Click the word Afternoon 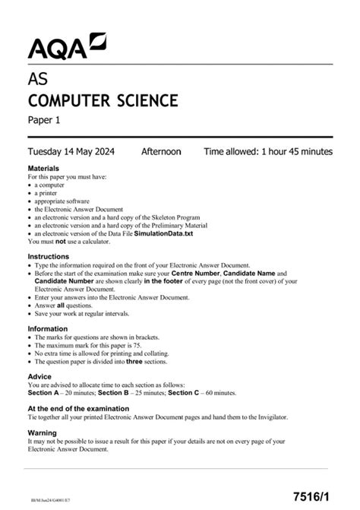point(161,151)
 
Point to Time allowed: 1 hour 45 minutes point(267,151)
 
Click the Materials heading point(46,168)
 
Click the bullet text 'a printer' point(50,193)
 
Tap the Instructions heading point(51,258)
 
